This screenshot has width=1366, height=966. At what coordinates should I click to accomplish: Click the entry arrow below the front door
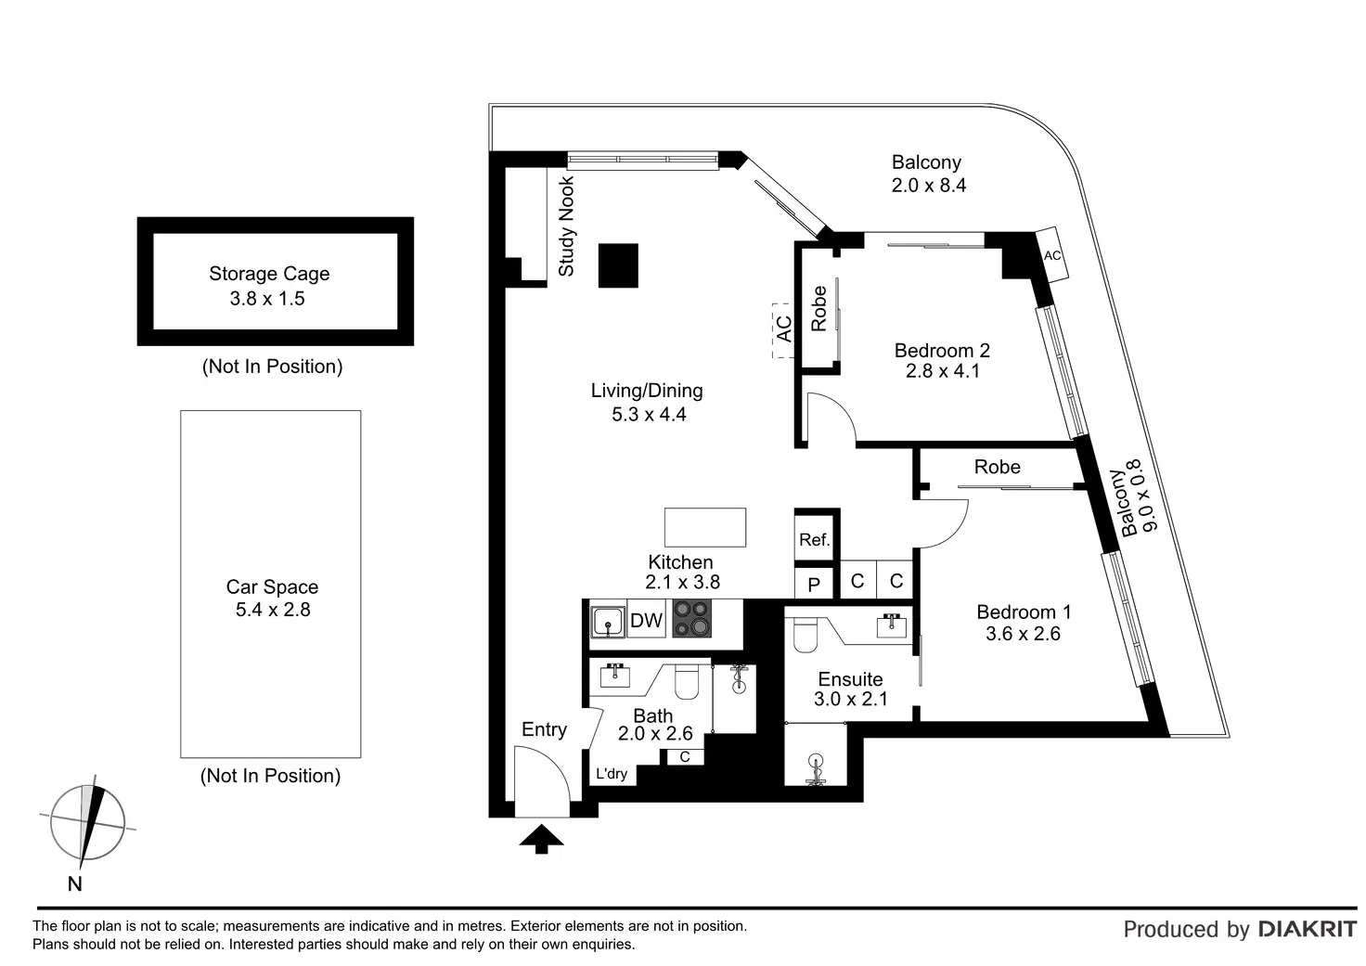[x=541, y=840]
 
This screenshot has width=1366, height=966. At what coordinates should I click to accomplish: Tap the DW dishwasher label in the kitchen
[x=646, y=621]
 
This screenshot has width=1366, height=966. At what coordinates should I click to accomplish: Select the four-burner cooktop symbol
[x=691, y=619]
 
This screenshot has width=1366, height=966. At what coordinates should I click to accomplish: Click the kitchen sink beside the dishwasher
[x=608, y=621]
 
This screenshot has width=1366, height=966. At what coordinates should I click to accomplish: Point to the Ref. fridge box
[x=815, y=539]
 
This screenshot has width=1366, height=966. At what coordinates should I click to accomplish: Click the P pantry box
[x=814, y=584]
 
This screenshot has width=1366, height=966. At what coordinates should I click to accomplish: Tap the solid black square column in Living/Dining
[x=618, y=264]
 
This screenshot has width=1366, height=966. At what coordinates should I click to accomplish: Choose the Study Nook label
[x=566, y=226]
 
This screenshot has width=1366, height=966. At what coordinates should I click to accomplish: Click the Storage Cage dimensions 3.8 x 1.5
[x=267, y=299]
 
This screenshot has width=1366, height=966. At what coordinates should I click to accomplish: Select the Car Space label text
[x=272, y=586]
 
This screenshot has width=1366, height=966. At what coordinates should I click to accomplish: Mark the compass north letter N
[x=75, y=884]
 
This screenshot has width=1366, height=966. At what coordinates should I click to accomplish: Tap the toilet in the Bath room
[x=687, y=682]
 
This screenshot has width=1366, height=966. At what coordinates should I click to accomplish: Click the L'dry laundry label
[x=612, y=774]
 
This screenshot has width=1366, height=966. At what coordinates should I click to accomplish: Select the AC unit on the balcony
[x=1052, y=254]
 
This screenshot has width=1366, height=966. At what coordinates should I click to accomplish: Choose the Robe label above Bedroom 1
[x=997, y=467]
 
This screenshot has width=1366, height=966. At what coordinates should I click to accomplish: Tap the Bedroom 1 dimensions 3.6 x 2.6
[x=1023, y=634]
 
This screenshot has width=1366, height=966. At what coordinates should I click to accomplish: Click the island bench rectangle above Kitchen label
[x=705, y=527]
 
